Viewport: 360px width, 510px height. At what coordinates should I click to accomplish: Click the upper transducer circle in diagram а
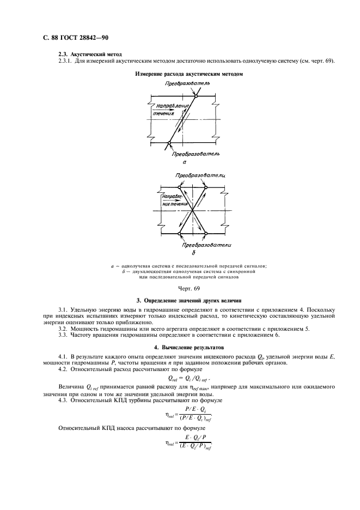196,96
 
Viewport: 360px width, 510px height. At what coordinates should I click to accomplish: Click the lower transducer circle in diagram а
169,143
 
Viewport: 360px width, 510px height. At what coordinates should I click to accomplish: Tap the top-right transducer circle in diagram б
206,187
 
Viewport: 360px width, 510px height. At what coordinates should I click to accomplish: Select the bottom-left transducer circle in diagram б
180,234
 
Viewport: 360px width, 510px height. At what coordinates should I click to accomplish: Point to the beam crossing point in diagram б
193,211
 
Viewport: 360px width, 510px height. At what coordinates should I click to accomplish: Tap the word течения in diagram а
163,114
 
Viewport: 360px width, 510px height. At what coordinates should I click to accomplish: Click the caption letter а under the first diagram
185,162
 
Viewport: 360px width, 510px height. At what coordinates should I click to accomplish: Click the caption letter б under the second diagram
193,253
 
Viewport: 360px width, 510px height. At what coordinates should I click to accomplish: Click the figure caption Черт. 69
189,287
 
